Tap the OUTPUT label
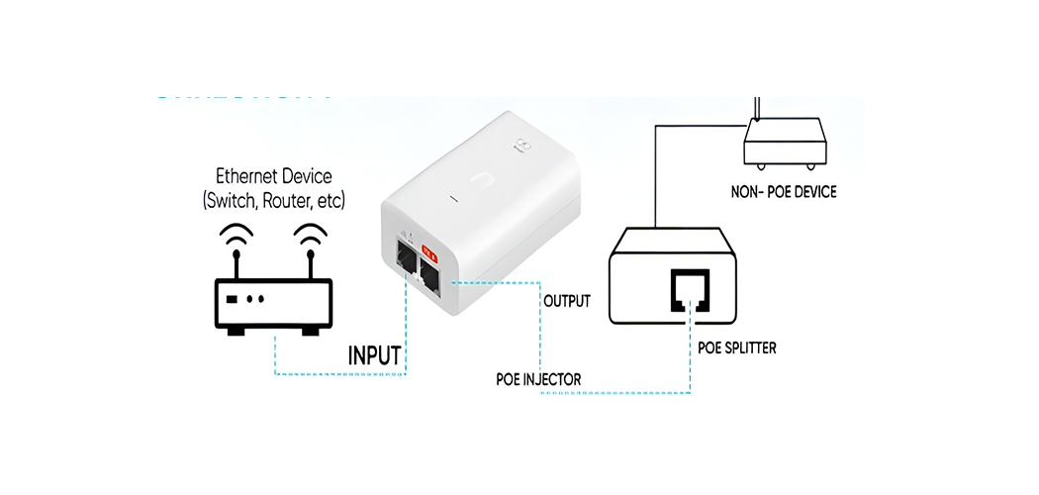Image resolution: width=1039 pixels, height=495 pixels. [567, 300]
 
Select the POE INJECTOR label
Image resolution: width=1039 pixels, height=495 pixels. [538, 380]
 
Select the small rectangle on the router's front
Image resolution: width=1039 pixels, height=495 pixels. [231, 299]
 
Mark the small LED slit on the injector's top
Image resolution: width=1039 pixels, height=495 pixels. [452, 200]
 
